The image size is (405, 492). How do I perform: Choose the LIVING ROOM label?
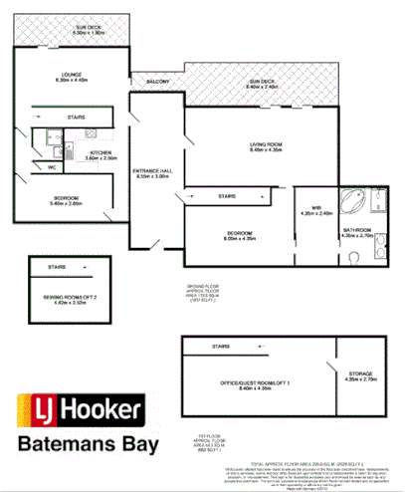(x=265, y=146)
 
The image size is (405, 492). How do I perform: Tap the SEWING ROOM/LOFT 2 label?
(x=75, y=300)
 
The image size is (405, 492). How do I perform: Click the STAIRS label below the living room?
(x=227, y=196)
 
